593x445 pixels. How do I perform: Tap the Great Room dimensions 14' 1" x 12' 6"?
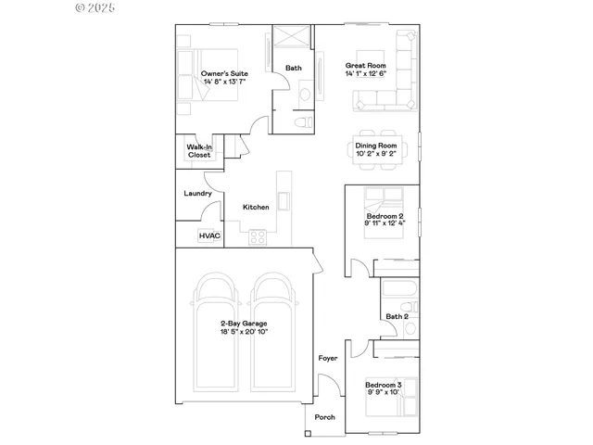(x=365, y=74)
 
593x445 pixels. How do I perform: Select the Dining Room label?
(x=376, y=146)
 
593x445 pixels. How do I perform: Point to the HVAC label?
(x=208, y=236)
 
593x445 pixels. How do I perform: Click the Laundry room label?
(x=197, y=194)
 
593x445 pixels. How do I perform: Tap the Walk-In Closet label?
(x=199, y=151)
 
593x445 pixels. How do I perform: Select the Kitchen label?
(x=256, y=207)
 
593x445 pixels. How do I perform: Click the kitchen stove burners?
(x=258, y=237)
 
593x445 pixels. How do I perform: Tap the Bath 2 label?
(x=397, y=317)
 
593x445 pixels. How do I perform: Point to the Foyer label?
(x=328, y=358)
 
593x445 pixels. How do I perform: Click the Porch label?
(x=324, y=417)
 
